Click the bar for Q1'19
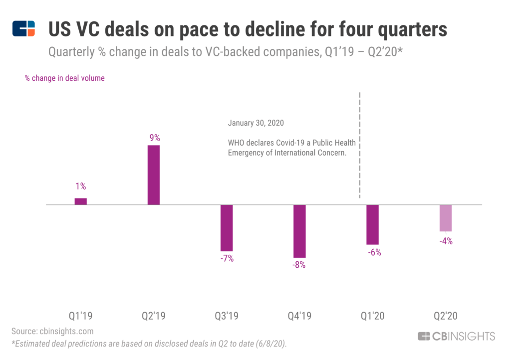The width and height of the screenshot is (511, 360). pyautogui.click(x=81, y=201)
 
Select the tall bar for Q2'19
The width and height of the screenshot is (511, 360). pyautogui.click(x=154, y=175)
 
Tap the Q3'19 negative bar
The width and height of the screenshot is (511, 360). pyautogui.click(x=227, y=228)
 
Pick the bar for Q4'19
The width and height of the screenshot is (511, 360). pyautogui.click(x=299, y=231)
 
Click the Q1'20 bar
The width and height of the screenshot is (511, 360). pyautogui.click(x=372, y=224)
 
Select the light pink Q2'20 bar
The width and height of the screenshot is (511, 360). pyautogui.click(x=446, y=218)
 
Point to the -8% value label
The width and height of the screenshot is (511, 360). pyautogui.click(x=299, y=265)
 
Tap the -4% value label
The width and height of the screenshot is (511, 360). pyautogui.click(x=446, y=241)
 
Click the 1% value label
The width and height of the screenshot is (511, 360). pyautogui.click(x=81, y=186)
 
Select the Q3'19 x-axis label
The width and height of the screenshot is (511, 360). pyautogui.click(x=227, y=316)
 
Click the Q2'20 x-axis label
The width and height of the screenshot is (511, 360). pyautogui.click(x=446, y=316)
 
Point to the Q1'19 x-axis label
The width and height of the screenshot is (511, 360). pyautogui.click(x=81, y=316)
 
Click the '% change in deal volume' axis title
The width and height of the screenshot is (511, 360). pyautogui.click(x=65, y=78)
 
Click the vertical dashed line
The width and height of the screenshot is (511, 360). pyautogui.click(x=360, y=145)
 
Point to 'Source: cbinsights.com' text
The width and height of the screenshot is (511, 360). pyautogui.click(x=52, y=331)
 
